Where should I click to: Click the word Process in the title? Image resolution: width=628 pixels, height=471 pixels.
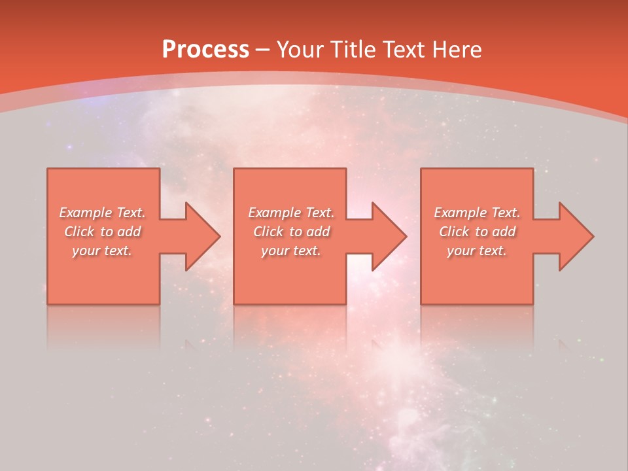pos(205,50)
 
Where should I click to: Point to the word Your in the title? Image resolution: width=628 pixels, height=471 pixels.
pos(302,50)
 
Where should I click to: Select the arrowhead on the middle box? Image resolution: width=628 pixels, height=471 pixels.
pos(388,236)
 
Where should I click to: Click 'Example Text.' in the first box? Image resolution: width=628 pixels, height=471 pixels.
pos(102,213)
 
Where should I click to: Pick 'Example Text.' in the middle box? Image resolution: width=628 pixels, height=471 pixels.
pos(290,213)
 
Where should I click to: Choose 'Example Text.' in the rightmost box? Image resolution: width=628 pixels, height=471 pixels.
pos(477,213)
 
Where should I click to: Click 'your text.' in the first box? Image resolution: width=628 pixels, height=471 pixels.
pos(102,251)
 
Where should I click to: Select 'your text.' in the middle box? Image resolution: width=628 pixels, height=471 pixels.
pos(290,251)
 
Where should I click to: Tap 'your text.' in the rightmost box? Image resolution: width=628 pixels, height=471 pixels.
pos(477,251)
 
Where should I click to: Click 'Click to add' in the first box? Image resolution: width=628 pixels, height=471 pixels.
pos(102,232)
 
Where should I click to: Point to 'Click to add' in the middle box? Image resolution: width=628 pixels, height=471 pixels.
pos(290,232)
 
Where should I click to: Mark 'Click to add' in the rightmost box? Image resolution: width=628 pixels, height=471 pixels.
pos(477,232)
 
